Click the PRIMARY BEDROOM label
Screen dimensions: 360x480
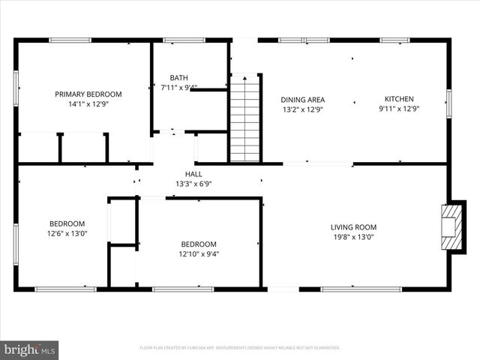88,94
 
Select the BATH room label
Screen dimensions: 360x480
178,77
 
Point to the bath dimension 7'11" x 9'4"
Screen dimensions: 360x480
179,88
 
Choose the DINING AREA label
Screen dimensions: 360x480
302,99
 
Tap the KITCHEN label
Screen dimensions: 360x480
399,98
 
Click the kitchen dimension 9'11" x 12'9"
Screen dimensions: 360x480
399,109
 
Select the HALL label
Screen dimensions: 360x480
193,174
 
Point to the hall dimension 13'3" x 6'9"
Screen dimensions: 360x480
194,184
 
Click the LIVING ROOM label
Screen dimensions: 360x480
353,227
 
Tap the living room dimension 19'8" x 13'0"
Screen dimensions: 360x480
353,237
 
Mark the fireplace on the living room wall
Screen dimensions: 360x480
452,226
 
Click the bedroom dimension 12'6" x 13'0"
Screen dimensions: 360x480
67,233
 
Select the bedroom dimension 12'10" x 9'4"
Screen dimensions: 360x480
199,253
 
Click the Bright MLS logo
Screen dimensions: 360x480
30,349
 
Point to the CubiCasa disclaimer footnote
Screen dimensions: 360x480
240,348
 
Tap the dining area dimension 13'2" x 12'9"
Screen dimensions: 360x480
302,109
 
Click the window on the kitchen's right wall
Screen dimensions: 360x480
448,103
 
